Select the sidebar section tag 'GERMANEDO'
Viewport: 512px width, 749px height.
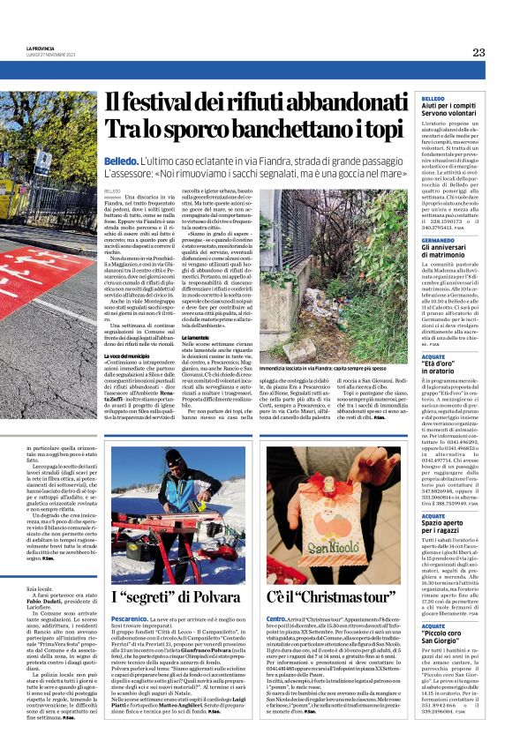pyautogui.click(x=438, y=240)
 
